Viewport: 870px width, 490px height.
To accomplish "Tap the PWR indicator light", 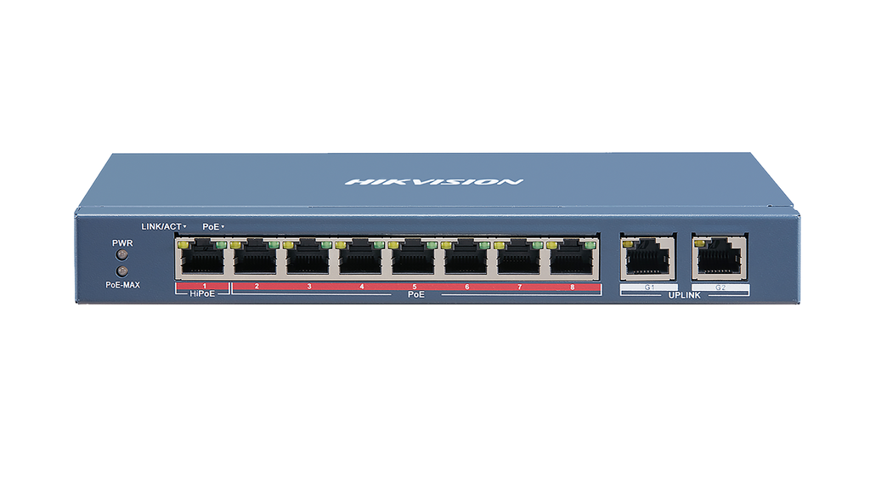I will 121,254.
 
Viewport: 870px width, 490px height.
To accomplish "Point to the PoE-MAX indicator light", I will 121,271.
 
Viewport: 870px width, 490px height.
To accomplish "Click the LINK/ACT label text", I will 162,226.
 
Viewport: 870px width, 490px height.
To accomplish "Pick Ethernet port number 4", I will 362,259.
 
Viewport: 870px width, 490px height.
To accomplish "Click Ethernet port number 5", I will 415,259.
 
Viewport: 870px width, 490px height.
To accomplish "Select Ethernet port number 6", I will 467,259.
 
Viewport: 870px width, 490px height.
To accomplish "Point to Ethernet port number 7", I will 520,259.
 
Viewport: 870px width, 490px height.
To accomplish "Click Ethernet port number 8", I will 573,259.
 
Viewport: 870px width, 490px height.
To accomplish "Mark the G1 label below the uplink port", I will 649,288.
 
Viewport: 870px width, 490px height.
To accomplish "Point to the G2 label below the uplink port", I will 720,288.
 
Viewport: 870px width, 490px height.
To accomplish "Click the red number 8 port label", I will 573,288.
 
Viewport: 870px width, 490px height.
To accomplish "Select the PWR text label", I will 121,242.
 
